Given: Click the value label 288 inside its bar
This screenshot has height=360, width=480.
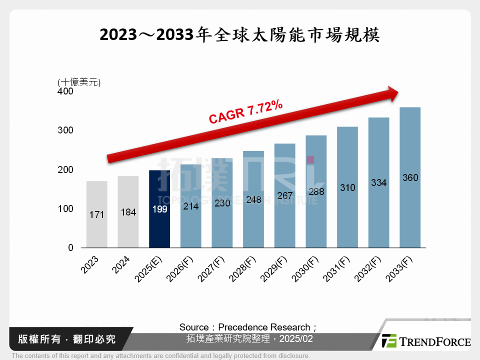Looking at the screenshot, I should tap(316, 191).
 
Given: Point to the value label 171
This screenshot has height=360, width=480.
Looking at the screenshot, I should tap(96, 214).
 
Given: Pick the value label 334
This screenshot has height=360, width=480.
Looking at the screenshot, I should tap(378, 182).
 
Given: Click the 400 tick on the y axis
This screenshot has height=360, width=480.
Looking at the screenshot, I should tap(65, 91).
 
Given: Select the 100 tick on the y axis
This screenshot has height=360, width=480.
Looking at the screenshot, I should tap(65, 208).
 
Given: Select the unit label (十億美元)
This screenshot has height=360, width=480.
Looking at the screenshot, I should tap(79, 82).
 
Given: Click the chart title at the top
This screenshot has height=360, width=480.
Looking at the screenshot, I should tap(240, 34).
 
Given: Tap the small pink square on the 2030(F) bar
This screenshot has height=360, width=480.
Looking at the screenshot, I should tap(310, 159).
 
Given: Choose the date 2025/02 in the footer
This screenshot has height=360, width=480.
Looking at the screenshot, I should tap(297, 338).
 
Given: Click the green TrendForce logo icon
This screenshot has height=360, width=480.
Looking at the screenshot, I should tap(388, 341).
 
